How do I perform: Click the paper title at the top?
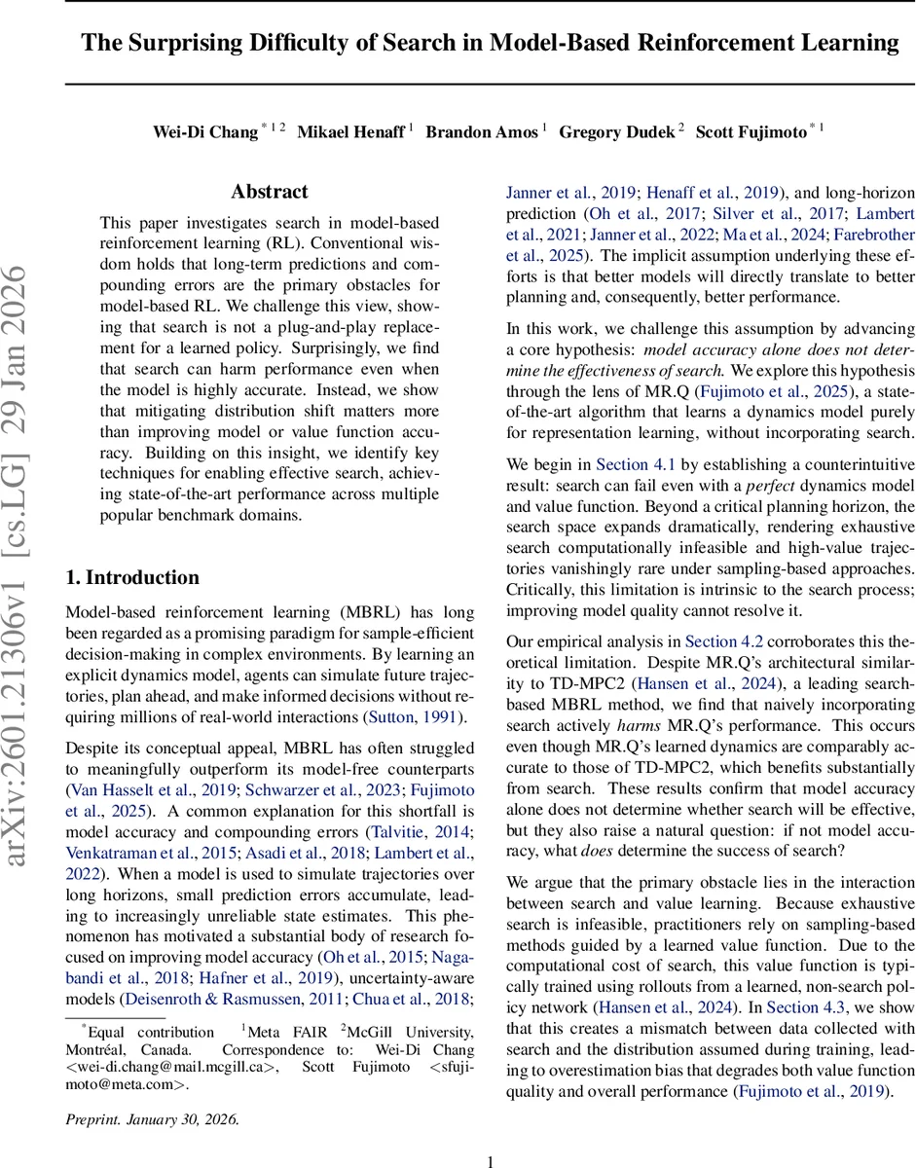(x=490, y=43)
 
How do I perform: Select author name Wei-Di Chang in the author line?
(x=204, y=131)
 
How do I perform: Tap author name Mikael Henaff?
(x=351, y=131)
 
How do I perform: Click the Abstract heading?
(x=270, y=192)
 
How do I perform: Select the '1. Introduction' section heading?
(x=132, y=577)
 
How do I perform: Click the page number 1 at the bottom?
(x=491, y=1160)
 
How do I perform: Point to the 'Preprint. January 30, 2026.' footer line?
(x=152, y=1118)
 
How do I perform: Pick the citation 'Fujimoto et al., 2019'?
(x=813, y=1091)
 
